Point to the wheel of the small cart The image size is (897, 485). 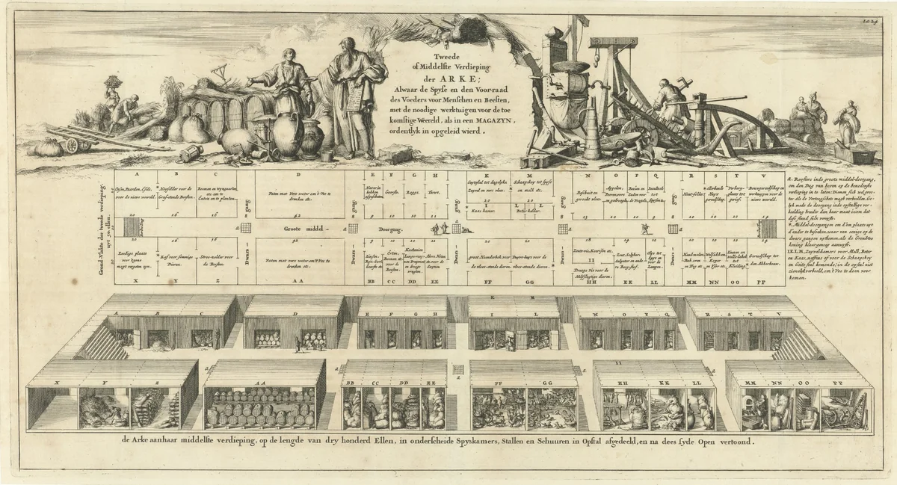[x=73, y=145]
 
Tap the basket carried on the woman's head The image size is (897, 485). [x=114, y=80]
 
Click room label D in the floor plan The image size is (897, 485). [x=298, y=175]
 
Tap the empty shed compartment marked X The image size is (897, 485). [x=52, y=407]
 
